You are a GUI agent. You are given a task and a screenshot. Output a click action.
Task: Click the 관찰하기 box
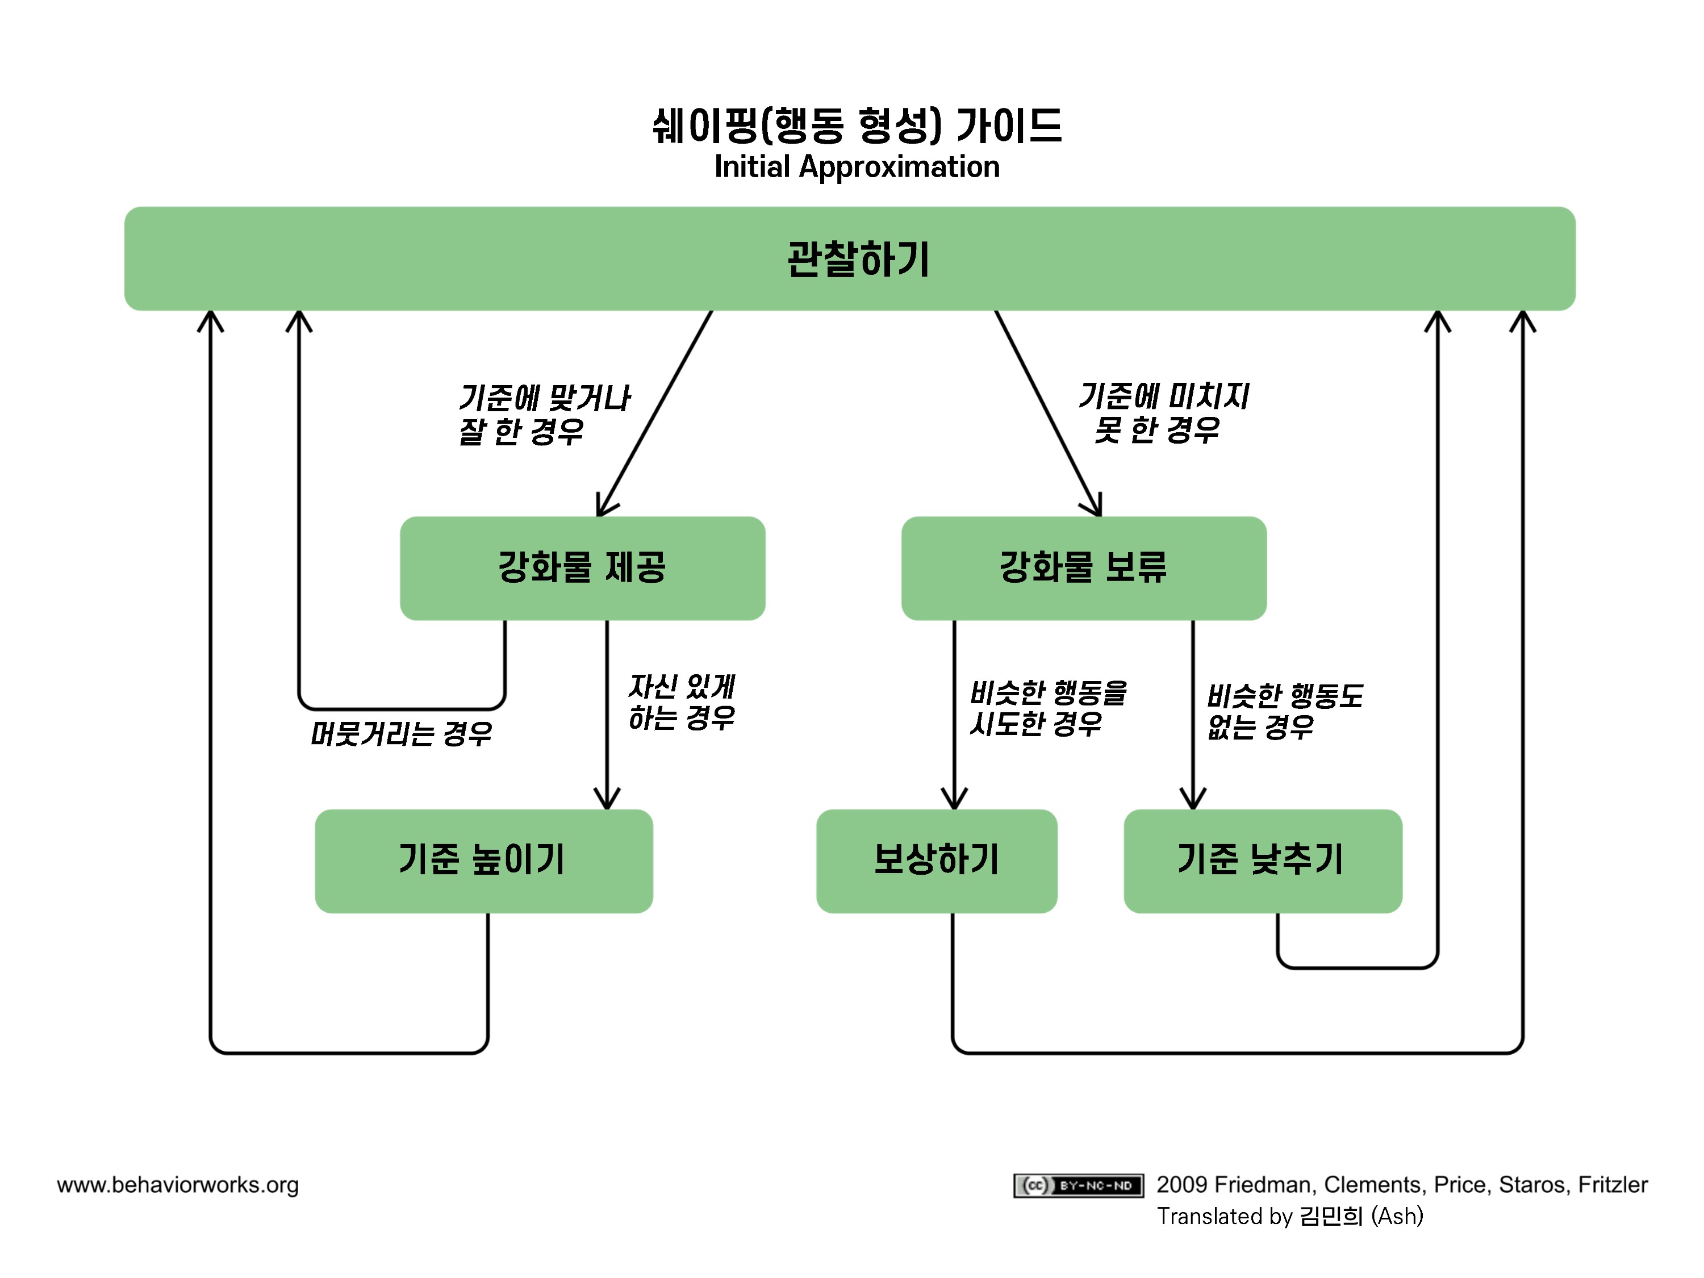click(x=849, y=259)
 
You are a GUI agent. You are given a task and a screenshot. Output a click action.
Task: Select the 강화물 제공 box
click(x=582, y=568)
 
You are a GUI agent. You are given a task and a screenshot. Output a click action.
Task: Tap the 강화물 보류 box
click(x=1083, y=568)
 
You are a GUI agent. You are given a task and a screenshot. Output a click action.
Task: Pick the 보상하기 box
click(x=936, y=861)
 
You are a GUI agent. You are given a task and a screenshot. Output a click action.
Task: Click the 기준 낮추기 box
click(x=1262, y=861)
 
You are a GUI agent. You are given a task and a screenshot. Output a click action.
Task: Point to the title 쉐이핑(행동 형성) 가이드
click(x=857, y=126)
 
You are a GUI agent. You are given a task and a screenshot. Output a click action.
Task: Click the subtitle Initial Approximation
click(x=857, y=167)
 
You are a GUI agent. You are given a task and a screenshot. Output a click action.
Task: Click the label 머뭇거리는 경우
click(x=400, y=733)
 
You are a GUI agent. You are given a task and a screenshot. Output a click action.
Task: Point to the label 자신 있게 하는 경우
click(x=681, y=702)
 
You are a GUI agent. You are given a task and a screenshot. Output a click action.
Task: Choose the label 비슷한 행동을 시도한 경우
click(x=1047, y=708)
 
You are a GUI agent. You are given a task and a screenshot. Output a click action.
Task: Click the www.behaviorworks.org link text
click(x=178, y=1185)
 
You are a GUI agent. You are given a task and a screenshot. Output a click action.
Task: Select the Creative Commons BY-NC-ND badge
click(x=1077, y=1185)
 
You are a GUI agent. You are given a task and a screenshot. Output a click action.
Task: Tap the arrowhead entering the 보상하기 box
click(x=954, y=800)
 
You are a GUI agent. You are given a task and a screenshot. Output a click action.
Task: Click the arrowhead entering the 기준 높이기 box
click(x=607, y=800)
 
